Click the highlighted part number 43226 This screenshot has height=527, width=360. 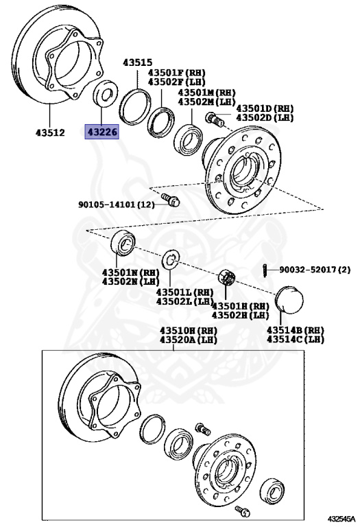(102, 132)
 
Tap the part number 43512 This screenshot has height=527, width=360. (50, 132)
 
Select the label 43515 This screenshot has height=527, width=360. (137, 62)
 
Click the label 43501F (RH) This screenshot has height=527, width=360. (177, 73)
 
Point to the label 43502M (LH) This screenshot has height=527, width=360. (206, 101)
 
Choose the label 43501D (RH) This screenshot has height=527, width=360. (265, 108)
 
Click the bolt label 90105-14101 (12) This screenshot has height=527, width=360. (117, 204)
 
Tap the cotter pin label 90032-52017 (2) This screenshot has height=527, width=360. (315, 270)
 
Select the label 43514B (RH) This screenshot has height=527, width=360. (296, 330)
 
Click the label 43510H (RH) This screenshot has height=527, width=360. (189, 331)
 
